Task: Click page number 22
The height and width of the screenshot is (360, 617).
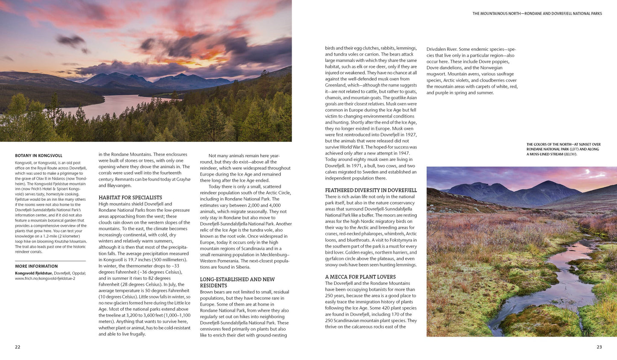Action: tap(18, 347)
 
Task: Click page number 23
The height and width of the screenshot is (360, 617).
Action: tap(599, 347)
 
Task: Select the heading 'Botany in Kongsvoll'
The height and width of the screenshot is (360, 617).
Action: tap(38, 156)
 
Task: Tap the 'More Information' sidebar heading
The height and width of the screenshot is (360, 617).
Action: tap(36, 266)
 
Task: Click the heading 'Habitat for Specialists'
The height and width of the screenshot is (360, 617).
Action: tap(130, 198)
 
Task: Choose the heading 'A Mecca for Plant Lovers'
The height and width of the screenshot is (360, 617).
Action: tap(360, 277)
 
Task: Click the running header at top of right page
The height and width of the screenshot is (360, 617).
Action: tap(537, 14)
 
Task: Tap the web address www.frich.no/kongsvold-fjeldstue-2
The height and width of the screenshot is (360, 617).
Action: tap(45, 278)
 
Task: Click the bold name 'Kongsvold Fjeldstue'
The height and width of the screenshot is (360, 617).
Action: tap(33, 273)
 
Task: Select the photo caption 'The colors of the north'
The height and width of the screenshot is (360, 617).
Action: tap(563, 149)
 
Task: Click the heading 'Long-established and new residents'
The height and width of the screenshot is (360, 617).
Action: tap(237, 282)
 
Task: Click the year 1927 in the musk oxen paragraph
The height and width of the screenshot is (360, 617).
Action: tap(409, 135)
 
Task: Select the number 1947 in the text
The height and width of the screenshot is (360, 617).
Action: tap(403, 153)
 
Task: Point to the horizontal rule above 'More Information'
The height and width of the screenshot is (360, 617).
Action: tap(50, 261)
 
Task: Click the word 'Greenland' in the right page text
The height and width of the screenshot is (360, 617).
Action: tap(335, 85)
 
